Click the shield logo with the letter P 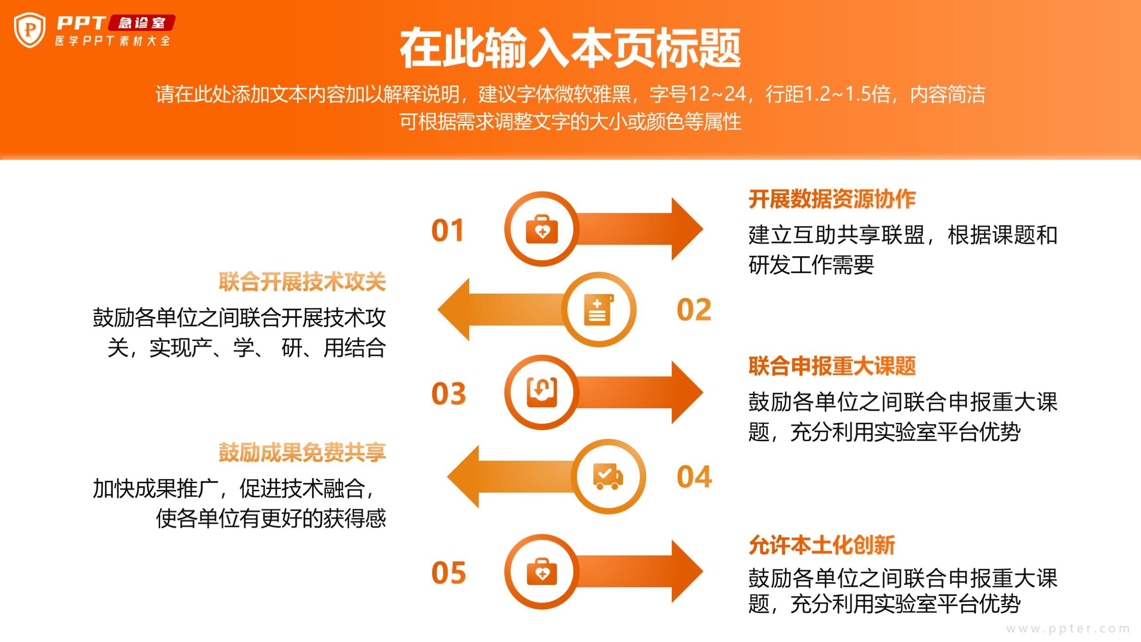click(30, 30)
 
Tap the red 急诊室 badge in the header click(141, 23)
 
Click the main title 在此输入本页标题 click(570, 47)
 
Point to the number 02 click(694, 310)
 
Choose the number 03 click(448, 394)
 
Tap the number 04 click(694, 477)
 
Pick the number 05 click(448, 573)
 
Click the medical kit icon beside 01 click(542, 229)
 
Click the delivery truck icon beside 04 click(608, 476)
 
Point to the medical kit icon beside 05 click(542, 572)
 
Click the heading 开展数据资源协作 click(832, 199)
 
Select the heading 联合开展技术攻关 click(302, 281)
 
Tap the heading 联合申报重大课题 click(832, 366)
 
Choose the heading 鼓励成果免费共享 click(302, 452)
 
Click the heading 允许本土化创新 click(822, 545)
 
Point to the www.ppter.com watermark click(1068, 629)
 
